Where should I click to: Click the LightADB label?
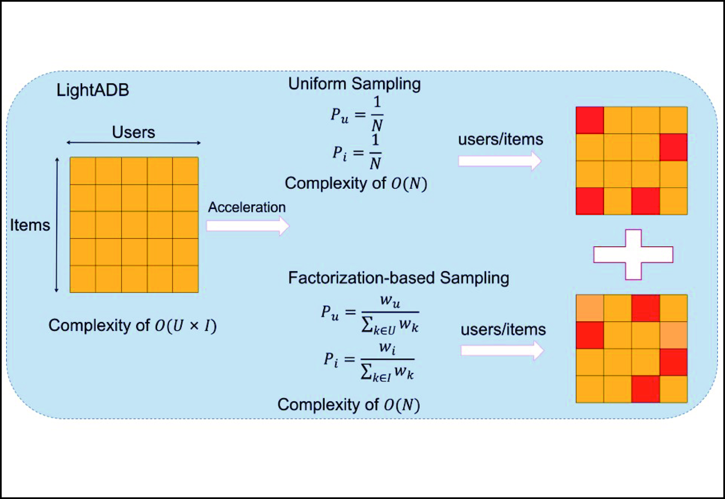tap(93, 90)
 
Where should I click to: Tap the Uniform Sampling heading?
tap(354, 84)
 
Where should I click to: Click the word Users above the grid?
tap(133, 132)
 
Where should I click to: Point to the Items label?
tap(30, 225)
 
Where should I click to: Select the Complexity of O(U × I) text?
tap(133, 325)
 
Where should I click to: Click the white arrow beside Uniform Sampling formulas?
tap(499, 161)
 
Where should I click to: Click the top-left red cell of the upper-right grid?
tap(590, 120)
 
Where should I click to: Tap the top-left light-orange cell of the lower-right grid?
tap(590, 308)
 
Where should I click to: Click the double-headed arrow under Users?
tap(133, 143)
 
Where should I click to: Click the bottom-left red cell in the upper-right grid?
tap(590, 201)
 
